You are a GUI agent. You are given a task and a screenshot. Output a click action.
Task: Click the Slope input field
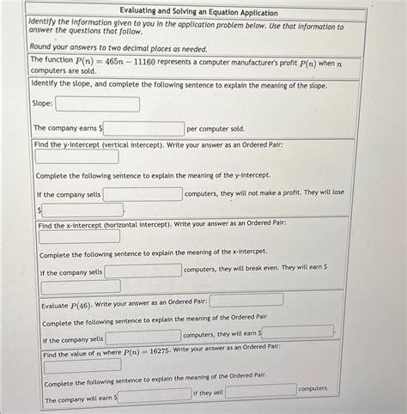click(97, 104)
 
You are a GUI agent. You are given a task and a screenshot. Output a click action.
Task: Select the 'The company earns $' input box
click(143, 129)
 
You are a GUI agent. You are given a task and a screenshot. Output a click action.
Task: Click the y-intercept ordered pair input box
click(76, 156)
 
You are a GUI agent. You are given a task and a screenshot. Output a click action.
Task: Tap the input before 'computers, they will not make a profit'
click(143, 194)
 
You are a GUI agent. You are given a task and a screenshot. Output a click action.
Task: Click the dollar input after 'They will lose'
click(82, 210)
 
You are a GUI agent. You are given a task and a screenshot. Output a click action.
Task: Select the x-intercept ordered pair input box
click(79, 236)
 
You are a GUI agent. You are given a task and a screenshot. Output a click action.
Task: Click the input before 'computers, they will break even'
click(143, 271)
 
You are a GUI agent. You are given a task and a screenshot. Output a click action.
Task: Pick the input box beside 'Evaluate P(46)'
click(246, 300)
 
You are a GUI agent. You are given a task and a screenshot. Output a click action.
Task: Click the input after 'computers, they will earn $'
click(297, 332)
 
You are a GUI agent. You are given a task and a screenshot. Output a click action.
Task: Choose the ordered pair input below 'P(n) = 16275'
click(82, 364)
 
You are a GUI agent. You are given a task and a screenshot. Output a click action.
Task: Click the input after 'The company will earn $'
click(155, 395)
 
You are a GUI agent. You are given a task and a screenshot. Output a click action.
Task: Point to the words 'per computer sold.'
click(216, 129)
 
